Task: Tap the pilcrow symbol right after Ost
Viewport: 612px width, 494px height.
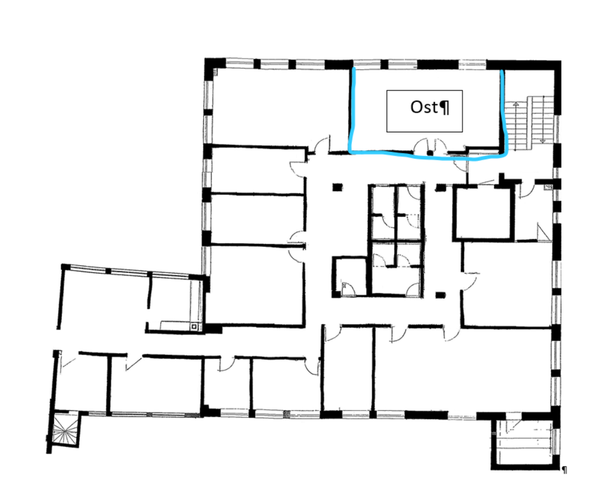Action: tap(444, 108)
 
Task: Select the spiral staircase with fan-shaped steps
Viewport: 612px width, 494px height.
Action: tap(63, 430)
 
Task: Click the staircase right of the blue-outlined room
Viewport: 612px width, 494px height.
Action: tap(529, 123)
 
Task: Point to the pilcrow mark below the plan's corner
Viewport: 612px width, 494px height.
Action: tap(564, 470)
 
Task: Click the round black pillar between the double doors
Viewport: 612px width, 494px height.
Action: tap(430, 153)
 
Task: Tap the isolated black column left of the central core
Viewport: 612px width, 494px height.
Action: tap(337, 188)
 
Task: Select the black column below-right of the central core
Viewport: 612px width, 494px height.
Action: tap(441, 295)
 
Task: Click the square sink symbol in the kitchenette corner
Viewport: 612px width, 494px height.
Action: tap(194, 327)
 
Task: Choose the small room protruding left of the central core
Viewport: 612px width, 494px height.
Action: tap(349, 276)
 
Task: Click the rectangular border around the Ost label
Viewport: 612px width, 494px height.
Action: tap(425, 90)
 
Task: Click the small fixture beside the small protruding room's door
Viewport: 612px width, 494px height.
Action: tap(344, 286)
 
